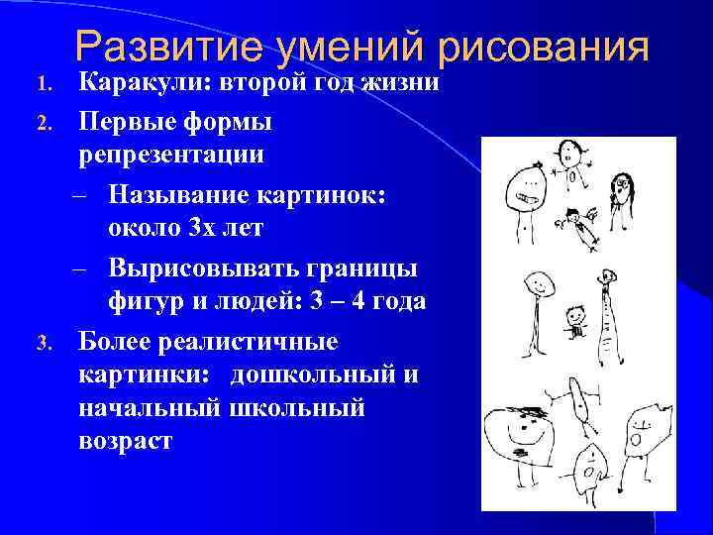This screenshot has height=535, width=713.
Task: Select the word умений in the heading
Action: [353, 49]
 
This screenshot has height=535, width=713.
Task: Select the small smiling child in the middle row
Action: [574, 323]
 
